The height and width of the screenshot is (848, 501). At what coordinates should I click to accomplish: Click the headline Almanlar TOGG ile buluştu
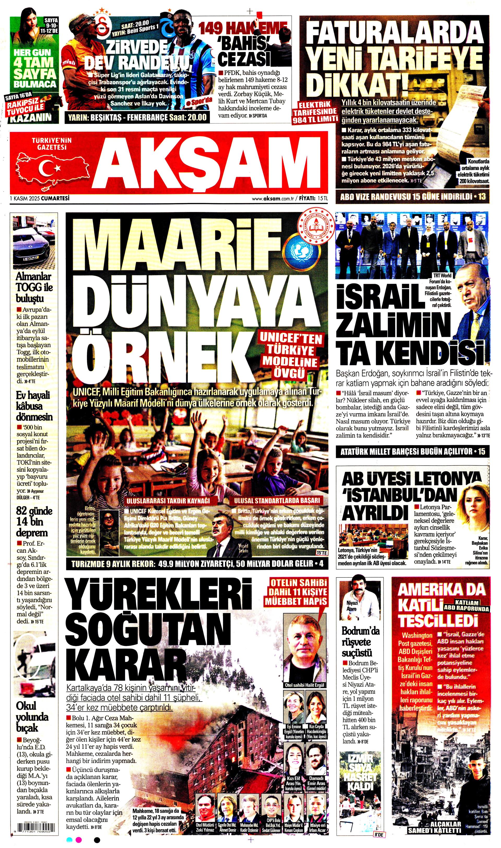34,287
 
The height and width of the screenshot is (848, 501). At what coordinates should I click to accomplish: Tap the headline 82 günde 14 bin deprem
33,522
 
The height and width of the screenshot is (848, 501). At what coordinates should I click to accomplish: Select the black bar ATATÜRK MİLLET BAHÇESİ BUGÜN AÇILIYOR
412,452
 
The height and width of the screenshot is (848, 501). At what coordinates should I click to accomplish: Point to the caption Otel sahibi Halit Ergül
304,685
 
